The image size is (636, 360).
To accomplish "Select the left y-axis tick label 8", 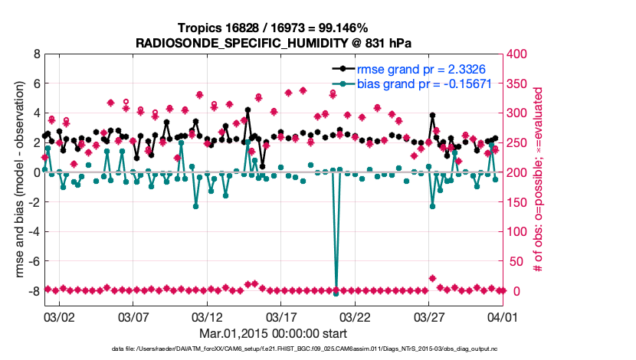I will click(36, 54).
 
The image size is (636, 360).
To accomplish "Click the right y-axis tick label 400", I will click(522, 54).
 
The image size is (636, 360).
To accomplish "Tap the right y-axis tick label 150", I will click(522, 202).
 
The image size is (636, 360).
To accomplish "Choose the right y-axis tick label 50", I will click(519, 262).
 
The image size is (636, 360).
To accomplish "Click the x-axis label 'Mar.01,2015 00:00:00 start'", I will click(273, 334).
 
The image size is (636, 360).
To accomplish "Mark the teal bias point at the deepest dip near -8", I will click(336, 293).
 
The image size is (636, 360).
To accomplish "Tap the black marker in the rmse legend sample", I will click(343, 69).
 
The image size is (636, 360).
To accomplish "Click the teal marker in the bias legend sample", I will click(343, 83).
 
